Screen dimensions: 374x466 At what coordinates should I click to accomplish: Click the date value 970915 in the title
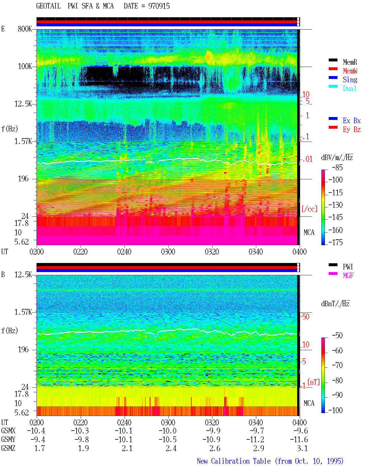coord(159,6)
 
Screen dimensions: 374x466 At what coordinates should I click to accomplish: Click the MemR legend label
coord(350,62)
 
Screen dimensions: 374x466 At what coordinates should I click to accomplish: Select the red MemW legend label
coord(350,70)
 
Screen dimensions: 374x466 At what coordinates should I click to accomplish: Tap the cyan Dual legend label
coord(350,88)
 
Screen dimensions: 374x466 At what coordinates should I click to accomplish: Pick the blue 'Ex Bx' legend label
coord(352,121)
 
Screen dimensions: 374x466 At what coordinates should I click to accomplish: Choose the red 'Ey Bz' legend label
coord(352,129)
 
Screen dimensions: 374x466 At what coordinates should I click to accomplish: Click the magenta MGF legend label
coord(348,276)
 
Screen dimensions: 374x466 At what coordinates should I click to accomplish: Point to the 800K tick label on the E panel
coord(25,29)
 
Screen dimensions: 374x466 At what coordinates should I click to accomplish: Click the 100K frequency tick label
coord(25,66)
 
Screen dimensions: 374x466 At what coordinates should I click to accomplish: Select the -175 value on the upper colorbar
coord(335,242)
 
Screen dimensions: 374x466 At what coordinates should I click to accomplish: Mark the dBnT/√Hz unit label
coord(335,304)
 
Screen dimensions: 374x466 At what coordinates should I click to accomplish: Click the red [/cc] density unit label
coord(309,209)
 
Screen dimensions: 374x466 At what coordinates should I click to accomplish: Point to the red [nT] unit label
coord(314,382)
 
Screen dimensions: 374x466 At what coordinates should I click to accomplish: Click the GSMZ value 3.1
coord(302,448)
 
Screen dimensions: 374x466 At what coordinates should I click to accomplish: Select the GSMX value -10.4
coord(36,431)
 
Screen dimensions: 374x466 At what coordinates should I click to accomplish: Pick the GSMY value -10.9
coord(211,439)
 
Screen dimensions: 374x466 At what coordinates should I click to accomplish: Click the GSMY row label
coord(8,439)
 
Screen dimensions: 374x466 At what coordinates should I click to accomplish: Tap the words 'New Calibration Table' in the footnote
coord(234,461)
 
